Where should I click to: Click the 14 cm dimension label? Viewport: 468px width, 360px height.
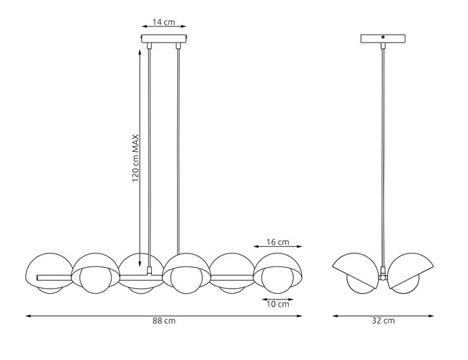click(164, 22)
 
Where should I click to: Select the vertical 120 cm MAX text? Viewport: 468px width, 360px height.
click(135, 158)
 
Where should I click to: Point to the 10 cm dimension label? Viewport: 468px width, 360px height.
click(277, 305)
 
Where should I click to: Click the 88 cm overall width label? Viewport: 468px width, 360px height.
click(164, 320)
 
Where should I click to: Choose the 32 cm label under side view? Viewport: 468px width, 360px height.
click(383, 320)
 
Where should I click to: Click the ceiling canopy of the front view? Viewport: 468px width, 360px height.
click(164, 39)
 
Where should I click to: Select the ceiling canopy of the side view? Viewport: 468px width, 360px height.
click(383, 39)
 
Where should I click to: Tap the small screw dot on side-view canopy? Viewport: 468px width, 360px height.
click(383, 37)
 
